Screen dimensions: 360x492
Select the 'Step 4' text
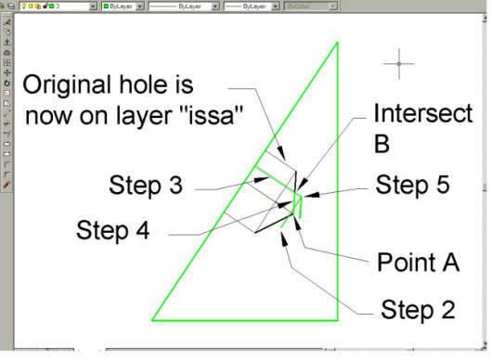tap(114, 228)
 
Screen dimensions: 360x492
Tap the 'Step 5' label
tap(412, 185)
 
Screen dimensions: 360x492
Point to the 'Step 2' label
tap(418, 309)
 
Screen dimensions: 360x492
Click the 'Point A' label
tap(418, 263)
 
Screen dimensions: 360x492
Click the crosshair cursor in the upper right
tap(398, 64)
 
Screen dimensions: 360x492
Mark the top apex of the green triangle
tap(335, 44)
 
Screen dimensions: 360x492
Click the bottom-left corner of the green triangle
tap(151, 320)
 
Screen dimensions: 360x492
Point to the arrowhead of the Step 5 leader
tap(302, 195)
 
